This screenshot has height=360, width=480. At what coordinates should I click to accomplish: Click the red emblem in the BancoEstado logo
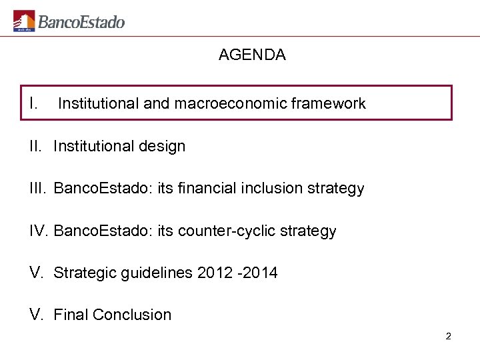coord(24,21)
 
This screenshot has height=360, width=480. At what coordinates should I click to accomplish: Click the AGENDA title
coord(252,55)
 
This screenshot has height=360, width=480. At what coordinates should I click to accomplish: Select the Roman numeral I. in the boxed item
coord(33,103)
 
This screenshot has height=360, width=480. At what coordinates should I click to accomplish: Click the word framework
coord(329,104)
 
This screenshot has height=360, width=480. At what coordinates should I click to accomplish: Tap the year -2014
coord(260,273)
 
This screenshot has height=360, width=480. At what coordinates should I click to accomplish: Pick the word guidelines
coord(159,273)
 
